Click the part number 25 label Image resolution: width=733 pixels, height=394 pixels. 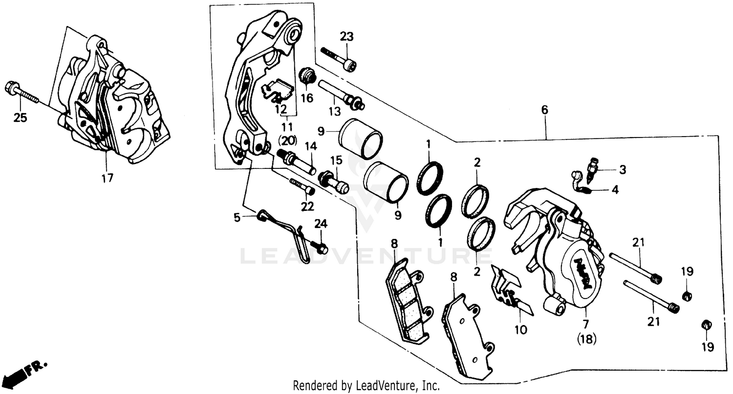click(20, 118)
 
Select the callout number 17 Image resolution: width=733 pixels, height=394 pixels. click(107, 178)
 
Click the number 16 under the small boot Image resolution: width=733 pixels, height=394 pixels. click(306, 98)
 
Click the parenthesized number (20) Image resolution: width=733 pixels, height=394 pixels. click(287, 140)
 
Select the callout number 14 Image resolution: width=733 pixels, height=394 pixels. click(311, 146)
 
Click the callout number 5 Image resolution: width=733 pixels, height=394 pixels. click(237, 218)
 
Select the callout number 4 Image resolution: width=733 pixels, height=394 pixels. click(615, 190)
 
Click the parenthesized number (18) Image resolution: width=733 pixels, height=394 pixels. click(586, 339)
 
